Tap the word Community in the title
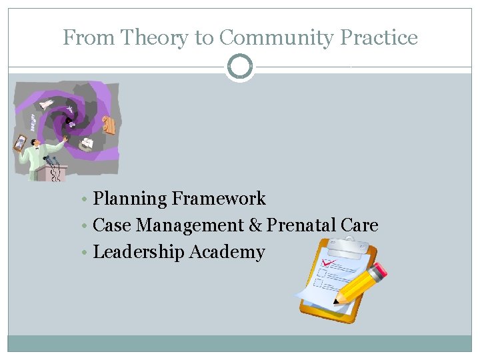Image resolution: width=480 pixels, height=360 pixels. (275, 38)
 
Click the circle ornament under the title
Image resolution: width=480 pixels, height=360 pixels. (240, 67)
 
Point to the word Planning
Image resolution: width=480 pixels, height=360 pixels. (130, 199)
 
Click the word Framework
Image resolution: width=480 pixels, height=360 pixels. (219, 199)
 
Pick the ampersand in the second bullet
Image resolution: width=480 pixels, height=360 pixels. (255, 225)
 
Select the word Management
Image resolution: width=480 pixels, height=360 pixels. (190, 225)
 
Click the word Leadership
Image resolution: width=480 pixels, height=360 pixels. (139, 252)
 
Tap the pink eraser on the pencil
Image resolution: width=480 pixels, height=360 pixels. (378, 270)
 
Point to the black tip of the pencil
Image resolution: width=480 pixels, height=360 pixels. (335, 301)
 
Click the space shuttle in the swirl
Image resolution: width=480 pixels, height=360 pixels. (47, 104)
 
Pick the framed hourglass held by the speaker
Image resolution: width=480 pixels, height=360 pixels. (21, 143)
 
